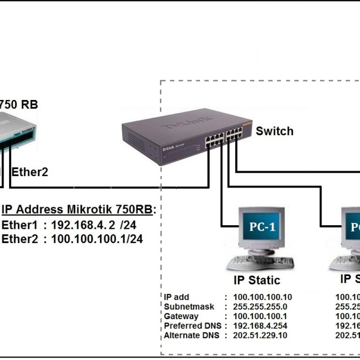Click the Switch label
(274, 131)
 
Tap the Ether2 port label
(30, 172)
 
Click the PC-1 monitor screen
(262, 227)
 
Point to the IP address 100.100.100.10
(262, 297)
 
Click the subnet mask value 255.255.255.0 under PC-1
(260, 307)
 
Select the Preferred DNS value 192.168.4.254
(260, 326)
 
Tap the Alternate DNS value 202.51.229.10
(260, 336)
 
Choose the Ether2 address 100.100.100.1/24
(97, 239)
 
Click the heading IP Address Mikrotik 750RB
(78, 210)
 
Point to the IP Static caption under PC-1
(257, 280)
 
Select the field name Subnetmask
(189, 307)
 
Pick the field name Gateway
(181, 316)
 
